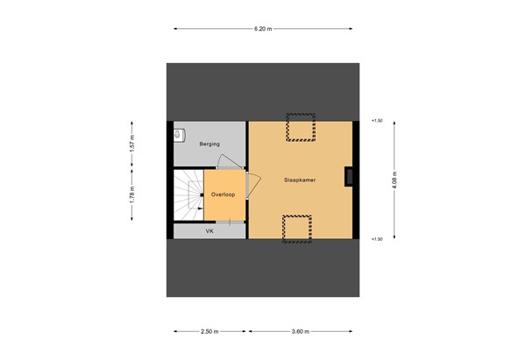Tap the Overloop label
223,194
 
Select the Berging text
209,143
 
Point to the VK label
210,231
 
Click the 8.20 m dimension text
262,29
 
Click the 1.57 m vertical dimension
132,143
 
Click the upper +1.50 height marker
377,121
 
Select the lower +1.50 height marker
377,238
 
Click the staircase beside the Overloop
187,195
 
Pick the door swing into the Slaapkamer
254,184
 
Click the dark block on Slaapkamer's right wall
350,177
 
